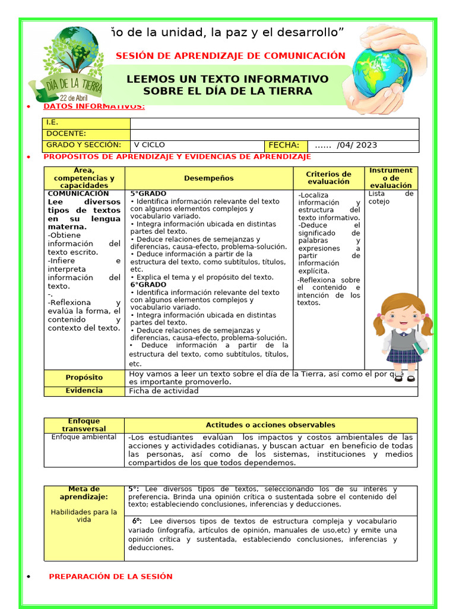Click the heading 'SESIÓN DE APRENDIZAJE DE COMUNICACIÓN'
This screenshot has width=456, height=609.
click(230, 56)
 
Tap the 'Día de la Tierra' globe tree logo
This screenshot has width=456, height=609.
click(65, 65)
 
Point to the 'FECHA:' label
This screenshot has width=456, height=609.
click(284, 145)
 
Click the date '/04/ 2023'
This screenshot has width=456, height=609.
click(356, 145)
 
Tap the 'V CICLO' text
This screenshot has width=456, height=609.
click(150, 145)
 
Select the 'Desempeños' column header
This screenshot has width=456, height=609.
click(209, 178)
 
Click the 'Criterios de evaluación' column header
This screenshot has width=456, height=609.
click(328, 177)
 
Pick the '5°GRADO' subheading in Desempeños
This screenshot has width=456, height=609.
click(148, 194)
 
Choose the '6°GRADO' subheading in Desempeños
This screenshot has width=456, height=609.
click(148, 285)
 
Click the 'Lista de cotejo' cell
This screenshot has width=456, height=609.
click(391, 197)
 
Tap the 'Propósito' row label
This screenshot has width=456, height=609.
click(84, 377)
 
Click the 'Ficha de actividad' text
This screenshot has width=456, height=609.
click(164, 391)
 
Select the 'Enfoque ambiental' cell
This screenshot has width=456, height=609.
click(84, 437)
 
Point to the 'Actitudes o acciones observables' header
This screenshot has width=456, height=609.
click(270, 425)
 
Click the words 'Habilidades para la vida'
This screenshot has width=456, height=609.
click(84, 515)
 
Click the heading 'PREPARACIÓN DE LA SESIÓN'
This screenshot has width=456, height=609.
click(110, 576)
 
